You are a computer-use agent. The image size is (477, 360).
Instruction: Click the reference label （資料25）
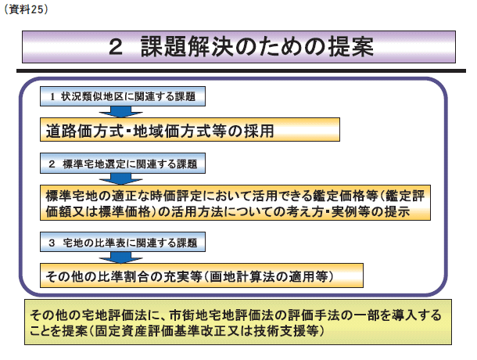pyautogui.click(x=26, y=9)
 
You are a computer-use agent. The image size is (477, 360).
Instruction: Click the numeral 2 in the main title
pyautogui.click(x=116, y=48)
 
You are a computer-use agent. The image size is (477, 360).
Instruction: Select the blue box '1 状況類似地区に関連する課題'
pyautogui.click(x=123, y=96)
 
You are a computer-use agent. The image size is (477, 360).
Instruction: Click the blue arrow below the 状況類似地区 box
pyautogui.click(x=120, y=112)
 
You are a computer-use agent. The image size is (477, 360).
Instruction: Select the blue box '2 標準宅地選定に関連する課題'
pyautogui.click(x=123, y=164)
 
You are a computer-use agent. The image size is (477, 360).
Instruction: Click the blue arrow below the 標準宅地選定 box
pyautogui.click(x=120, y=179)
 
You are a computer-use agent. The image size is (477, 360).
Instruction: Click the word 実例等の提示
pyautogui.click(x=371, y=211)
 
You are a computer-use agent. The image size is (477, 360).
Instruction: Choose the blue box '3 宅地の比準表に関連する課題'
pyautogui.click(x=123, y=242)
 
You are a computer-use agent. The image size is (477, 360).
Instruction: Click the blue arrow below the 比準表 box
pyautogui.click(x=120, y=257)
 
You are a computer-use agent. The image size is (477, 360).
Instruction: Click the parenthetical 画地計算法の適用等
pyautogui.click(x=269, y=276)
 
